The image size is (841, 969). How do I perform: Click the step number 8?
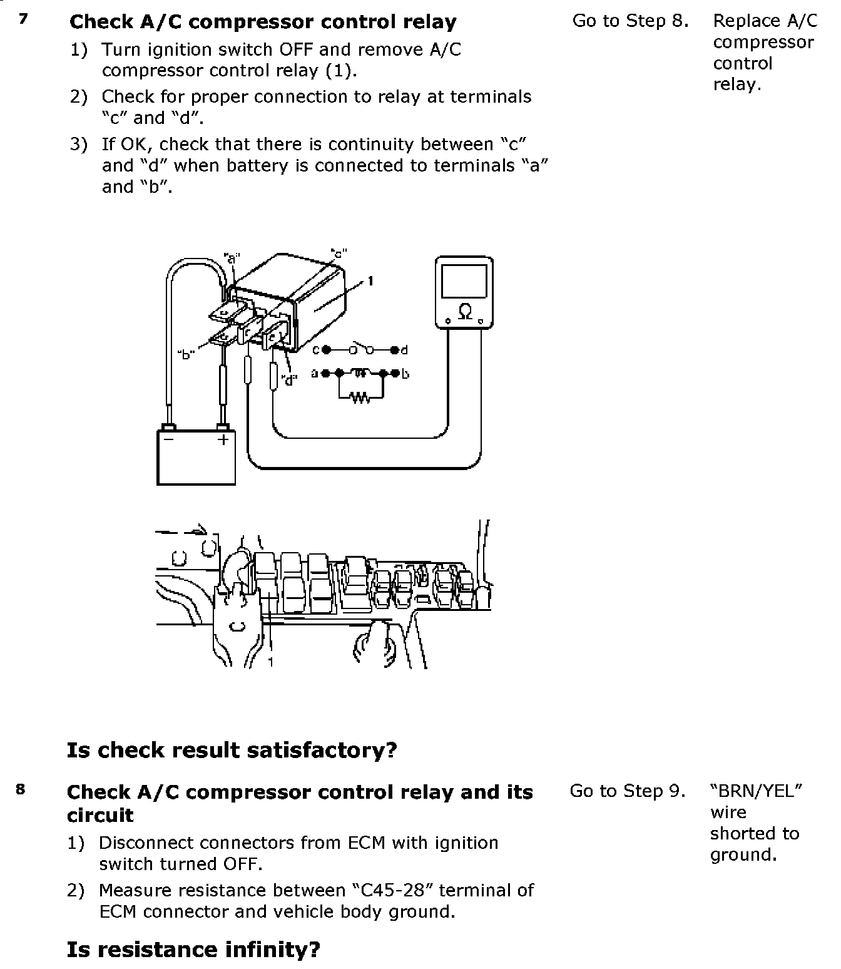point(21,789)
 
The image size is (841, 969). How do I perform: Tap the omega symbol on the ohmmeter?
point(465,311)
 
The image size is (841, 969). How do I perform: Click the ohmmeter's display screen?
point(464,281)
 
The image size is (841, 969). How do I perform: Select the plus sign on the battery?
point(223,439)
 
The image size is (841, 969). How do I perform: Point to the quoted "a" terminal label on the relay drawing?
point(232,257)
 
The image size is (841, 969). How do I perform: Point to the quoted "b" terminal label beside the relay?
point(186,355)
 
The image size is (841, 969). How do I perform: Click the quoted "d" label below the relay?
point(288,379)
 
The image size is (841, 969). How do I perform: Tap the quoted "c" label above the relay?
point(339,254)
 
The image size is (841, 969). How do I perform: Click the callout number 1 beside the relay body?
point(370,281)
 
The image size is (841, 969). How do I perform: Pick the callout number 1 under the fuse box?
point(270,661)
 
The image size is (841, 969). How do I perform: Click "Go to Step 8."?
point(630,21)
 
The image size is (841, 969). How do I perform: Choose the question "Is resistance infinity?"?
point(193,950)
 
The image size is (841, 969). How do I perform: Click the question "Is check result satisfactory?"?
point(232,749)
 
